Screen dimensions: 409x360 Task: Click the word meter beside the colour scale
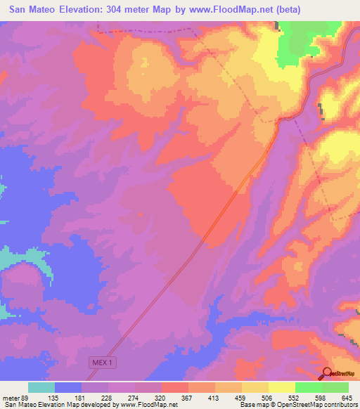pyautogui.click(x=11, y=397)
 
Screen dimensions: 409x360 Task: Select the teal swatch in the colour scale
pyautogui.click(x=41, y=387)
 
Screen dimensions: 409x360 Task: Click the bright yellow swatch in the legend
pyautogui.click(x=282, y=387)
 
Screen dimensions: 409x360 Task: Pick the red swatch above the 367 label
pyautogui.click(x=175, y=387)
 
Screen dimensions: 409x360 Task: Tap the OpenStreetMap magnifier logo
pyautogui.click(x=328, y=374)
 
